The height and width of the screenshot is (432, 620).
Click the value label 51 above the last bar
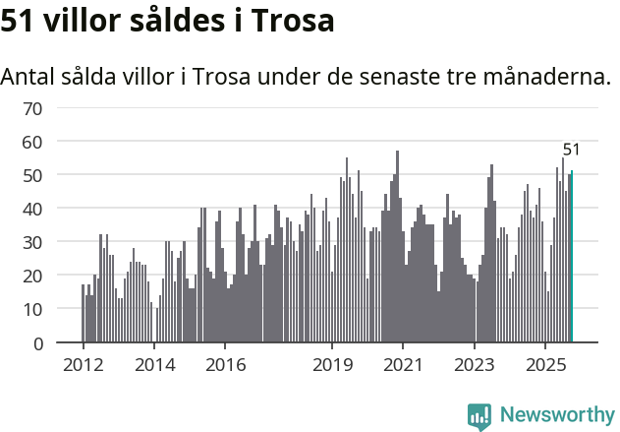point(571,151)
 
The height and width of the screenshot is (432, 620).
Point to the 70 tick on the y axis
point(32,108)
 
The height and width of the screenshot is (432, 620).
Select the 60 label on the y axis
point(32,142)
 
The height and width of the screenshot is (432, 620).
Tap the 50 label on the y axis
point(32,175)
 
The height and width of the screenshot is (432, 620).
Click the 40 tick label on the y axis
point(32,209)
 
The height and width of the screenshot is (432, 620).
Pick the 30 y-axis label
point(32,242)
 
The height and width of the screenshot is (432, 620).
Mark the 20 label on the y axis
point(32,276)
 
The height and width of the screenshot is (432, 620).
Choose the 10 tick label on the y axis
point(32,309)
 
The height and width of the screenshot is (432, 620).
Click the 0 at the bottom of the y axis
point(37,343)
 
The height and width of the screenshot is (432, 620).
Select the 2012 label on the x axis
point(83,365)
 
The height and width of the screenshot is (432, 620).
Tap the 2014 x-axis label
point(154,365)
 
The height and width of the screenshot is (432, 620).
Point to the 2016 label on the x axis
point(225,365)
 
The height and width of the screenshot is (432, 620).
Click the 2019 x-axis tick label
point(332,365)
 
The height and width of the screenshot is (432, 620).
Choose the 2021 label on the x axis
point(403,365)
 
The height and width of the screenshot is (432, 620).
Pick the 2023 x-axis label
point(475,365)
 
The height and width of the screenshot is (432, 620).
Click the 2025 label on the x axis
point(545,365)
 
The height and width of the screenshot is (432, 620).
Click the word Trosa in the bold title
point(292,22)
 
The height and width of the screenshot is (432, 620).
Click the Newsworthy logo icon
point(479,415)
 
